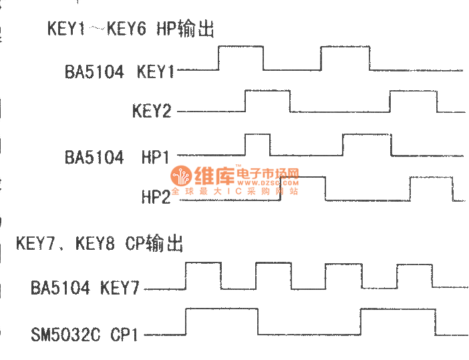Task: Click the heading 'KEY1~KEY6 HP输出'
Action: (x=130, y=29)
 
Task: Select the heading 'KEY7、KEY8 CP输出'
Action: (x=100, y=243)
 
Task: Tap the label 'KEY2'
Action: (x=152, y=111)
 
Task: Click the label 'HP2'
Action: (x=156, y=198)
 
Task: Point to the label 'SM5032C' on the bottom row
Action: (x=65, y=334)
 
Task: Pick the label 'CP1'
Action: (x=125, y=334)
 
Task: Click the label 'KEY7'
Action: (x=120, y=289)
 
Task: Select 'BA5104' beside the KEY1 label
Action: (x=94, y=71)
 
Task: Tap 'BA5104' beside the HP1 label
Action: (x=94, y=158)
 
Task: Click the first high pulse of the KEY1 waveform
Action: (x=241, y=58)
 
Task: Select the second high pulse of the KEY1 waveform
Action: (x=345, y=58)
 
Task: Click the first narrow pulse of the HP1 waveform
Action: (x=259, y=144)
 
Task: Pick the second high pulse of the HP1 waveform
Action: (x=367, y=144)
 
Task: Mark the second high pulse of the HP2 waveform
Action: (x=431, y=188)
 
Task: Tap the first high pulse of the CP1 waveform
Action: (x=222, y=321)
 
